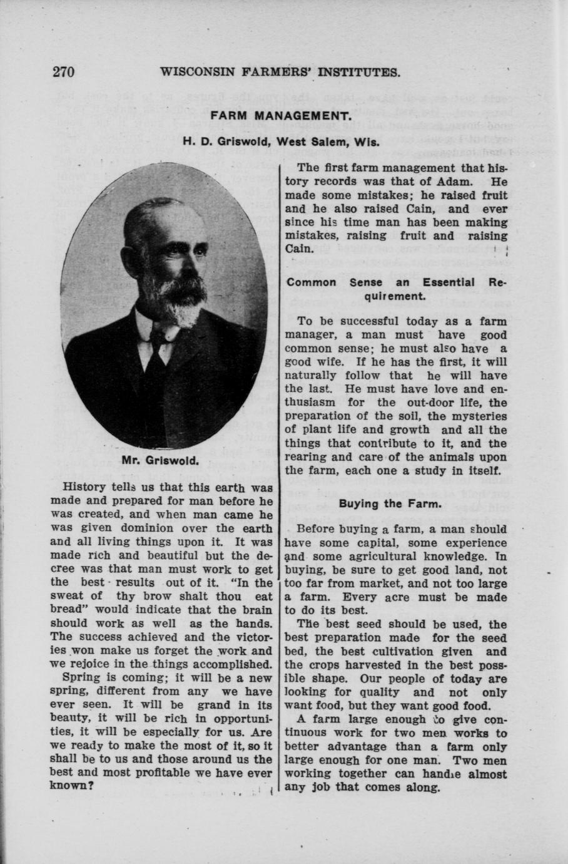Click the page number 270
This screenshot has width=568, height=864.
pos(64,71)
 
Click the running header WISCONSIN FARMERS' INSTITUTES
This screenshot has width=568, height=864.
pos(280,72)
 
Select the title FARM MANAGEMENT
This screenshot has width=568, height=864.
pos(280,116)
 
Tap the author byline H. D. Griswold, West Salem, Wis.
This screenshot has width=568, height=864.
pos(281,141)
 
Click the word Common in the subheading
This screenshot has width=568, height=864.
pos(312,282)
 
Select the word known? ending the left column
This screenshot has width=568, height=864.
pos(71,786)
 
